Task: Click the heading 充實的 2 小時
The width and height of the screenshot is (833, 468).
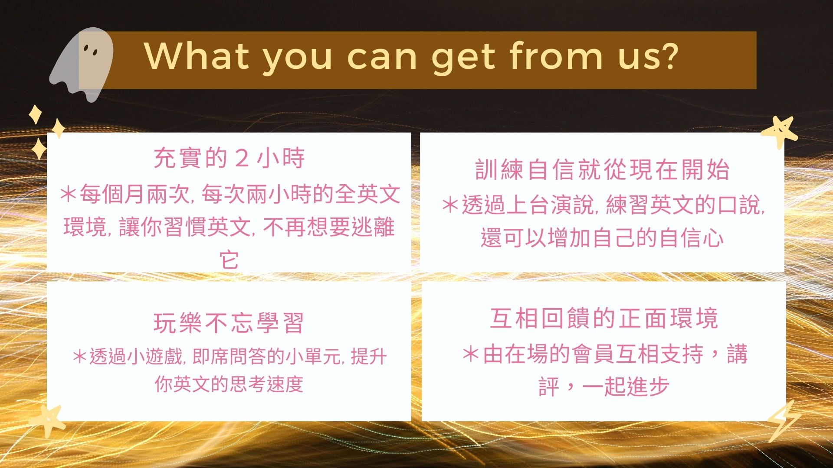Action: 229,158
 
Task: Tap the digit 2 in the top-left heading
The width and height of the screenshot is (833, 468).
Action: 242,158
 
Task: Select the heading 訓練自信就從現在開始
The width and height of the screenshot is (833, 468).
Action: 602,169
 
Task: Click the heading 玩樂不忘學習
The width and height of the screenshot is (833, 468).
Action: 229,323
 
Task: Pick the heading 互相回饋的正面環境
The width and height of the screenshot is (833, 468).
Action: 604,318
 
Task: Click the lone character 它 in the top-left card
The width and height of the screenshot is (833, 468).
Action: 229,260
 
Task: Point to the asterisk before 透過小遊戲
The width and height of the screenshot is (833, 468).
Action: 80,357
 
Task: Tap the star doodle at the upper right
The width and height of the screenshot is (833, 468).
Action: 780,132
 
